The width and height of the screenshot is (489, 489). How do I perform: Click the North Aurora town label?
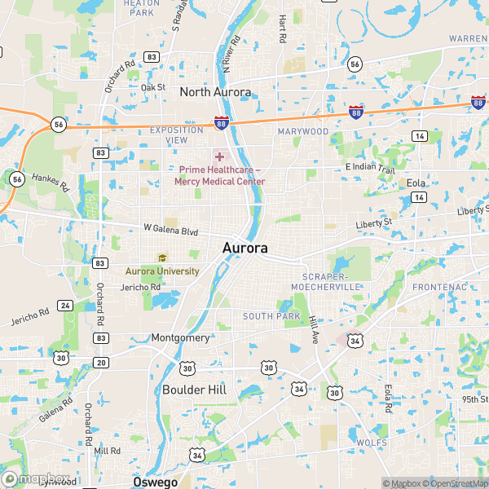tap(215, 92)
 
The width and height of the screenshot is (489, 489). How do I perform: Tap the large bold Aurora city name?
tap(244, 248)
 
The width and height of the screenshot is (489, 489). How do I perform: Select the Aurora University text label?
tap(162, 271)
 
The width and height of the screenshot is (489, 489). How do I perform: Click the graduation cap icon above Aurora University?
tap(162, 258)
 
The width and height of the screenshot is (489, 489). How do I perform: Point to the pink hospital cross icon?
tap(219, 156)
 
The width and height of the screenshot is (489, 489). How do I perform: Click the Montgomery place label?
tap(180, 337)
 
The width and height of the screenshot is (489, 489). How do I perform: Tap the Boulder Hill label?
tap(194, 390)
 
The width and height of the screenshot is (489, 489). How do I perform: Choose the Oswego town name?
tap(155, 482)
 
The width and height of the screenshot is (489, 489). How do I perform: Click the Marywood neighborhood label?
tap(303, 131)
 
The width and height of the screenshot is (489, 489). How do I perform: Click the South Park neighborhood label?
tap(271, 316)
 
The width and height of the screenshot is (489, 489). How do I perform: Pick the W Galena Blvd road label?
tap(170, 231)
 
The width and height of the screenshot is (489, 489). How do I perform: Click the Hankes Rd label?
tap(52, 180)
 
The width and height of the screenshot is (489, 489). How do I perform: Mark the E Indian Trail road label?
tap(370, 168)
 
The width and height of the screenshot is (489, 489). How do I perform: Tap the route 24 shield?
tap(64, 306)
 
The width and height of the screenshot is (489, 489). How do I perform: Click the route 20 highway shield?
tap(101, 362)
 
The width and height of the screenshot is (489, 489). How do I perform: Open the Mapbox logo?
tap(36, 479)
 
